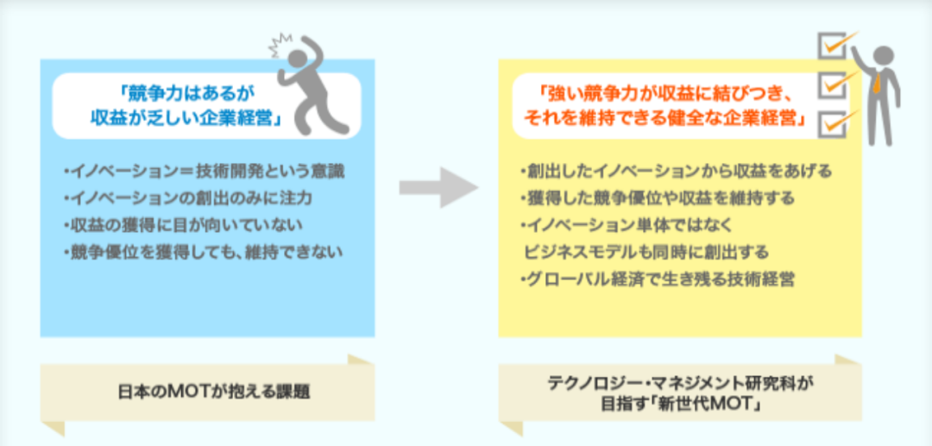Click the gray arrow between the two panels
[439, 187]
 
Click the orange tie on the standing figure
[875, 82]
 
